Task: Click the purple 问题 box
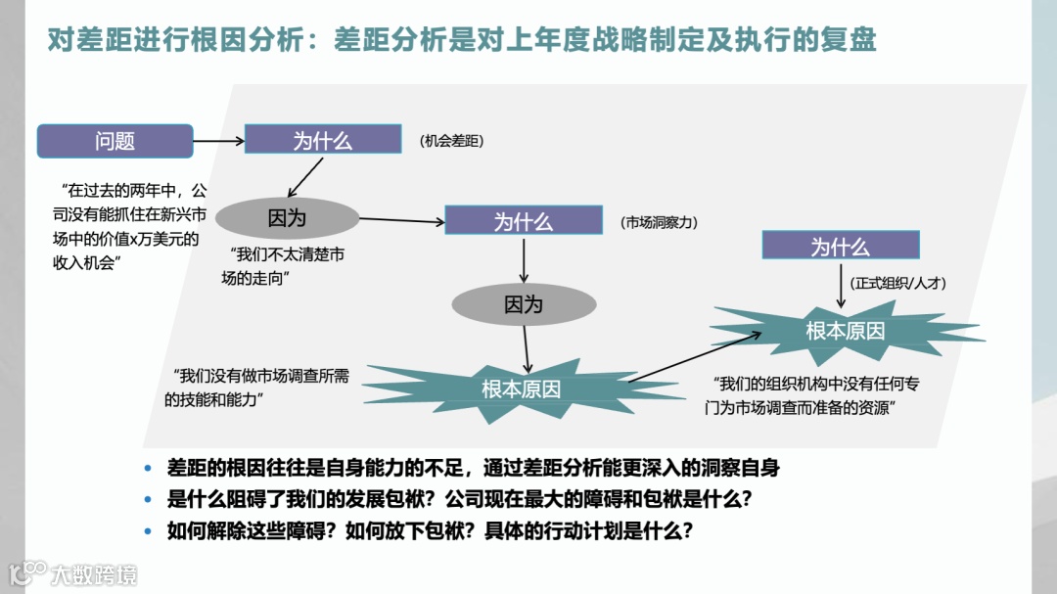[115, 141]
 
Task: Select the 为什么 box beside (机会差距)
[323, 139]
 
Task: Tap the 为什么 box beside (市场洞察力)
[523, 220]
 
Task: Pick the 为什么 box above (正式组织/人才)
[840, 246]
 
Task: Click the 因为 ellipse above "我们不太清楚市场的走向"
[287, 218]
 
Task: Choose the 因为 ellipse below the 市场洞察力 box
[523, 304]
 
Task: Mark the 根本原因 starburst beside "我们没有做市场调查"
[521, 388]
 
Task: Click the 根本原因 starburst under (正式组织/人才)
[845, 331]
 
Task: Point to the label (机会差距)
[451, 141]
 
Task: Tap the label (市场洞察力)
[658, 223]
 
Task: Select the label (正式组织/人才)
[897, 283]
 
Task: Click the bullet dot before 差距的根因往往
[149, 469]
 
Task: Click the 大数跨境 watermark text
[94, 573]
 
